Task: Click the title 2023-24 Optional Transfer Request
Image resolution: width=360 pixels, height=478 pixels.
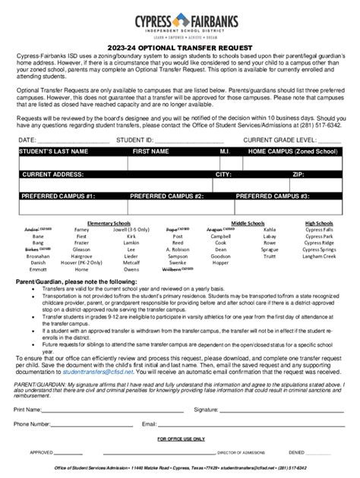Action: (179, 48)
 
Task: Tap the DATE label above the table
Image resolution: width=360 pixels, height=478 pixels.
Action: (27, 140)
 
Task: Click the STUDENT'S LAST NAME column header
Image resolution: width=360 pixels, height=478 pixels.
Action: (50, 152)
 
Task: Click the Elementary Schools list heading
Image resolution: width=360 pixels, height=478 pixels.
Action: (109, 224)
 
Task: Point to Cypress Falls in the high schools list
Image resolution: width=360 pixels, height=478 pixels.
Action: (319, 230)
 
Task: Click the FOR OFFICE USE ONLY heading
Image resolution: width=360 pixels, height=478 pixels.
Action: (179, 439)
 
